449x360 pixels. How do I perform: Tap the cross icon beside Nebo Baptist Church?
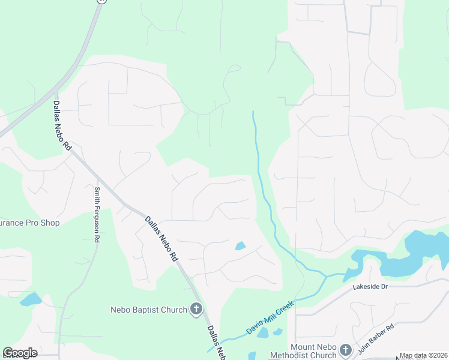pos(196,310)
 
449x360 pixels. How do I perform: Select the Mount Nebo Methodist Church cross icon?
pos(345,349)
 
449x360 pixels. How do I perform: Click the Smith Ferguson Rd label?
pos(97,214)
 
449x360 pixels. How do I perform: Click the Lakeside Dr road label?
pos(371,288)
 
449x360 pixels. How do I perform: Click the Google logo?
pos(20,353)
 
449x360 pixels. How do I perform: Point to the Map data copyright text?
pos(423,355)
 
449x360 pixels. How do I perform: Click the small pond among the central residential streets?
pos(240,246)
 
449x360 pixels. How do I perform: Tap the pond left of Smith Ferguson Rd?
pos(30,299)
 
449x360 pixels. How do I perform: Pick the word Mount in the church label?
pos(303,347)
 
